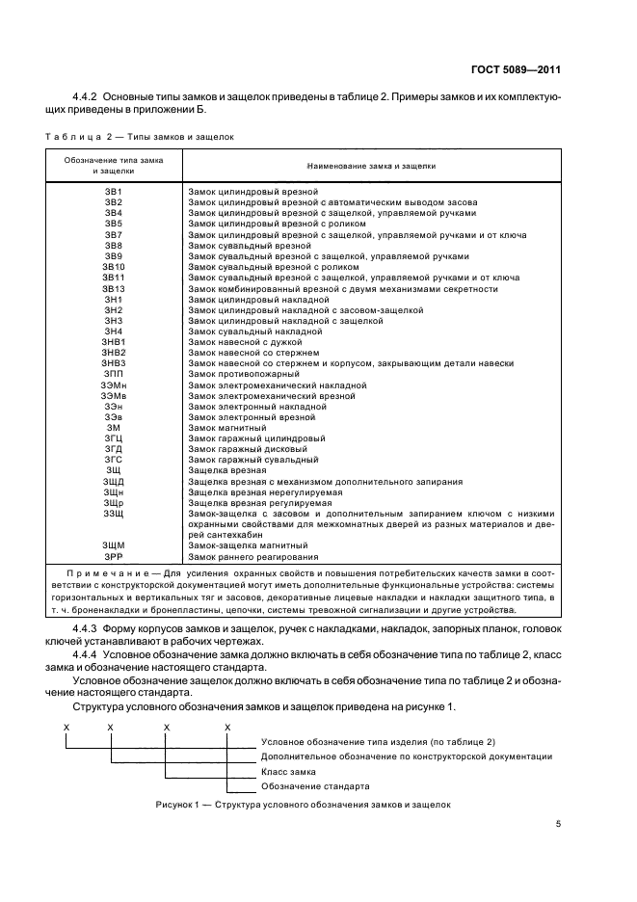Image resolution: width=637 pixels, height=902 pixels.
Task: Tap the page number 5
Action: point(558,824)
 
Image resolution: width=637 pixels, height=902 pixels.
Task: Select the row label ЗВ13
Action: point(114,288)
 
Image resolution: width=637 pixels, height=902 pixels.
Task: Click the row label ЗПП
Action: point(114,373)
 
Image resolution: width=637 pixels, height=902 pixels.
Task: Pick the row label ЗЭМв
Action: point(114,395)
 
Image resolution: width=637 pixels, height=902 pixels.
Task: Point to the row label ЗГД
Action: point(114,448)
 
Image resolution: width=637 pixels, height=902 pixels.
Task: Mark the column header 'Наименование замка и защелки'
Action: point(371,166)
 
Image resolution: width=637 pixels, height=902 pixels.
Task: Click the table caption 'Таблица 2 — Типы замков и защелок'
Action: point(140,138)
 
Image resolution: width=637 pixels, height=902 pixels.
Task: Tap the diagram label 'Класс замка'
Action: point(287,772)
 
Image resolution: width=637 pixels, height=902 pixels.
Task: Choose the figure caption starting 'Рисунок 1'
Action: point(302,805)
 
